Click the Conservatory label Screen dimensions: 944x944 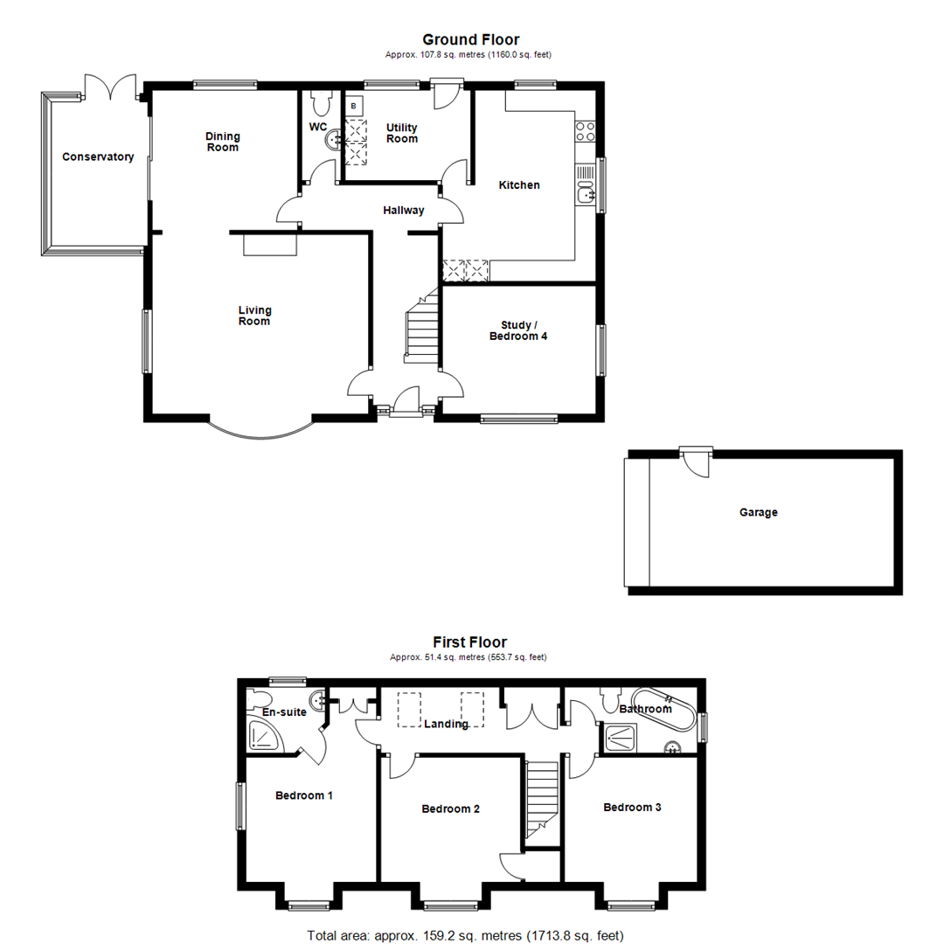[x=98, y=157]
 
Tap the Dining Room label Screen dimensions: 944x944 [x=222, y=142]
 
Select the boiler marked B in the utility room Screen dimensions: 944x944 [x=354, y=107]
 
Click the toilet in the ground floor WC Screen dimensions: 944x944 [x=319, y=103]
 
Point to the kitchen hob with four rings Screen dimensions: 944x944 [x=585, y=131]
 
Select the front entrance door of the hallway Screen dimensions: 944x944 [x=405, y=404]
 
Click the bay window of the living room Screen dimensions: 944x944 [x=260, y=431]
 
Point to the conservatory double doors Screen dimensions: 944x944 [x=110, y=87]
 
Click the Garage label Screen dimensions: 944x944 [x=758, y=513]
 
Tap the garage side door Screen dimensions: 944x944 [x=698, y=461]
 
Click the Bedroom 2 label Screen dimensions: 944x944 [x=450, y=809]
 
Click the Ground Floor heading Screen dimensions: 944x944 [x=470, y=39]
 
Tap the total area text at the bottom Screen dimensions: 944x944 [x=465, y=935]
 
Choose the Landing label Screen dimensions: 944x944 [x=446, y=724]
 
